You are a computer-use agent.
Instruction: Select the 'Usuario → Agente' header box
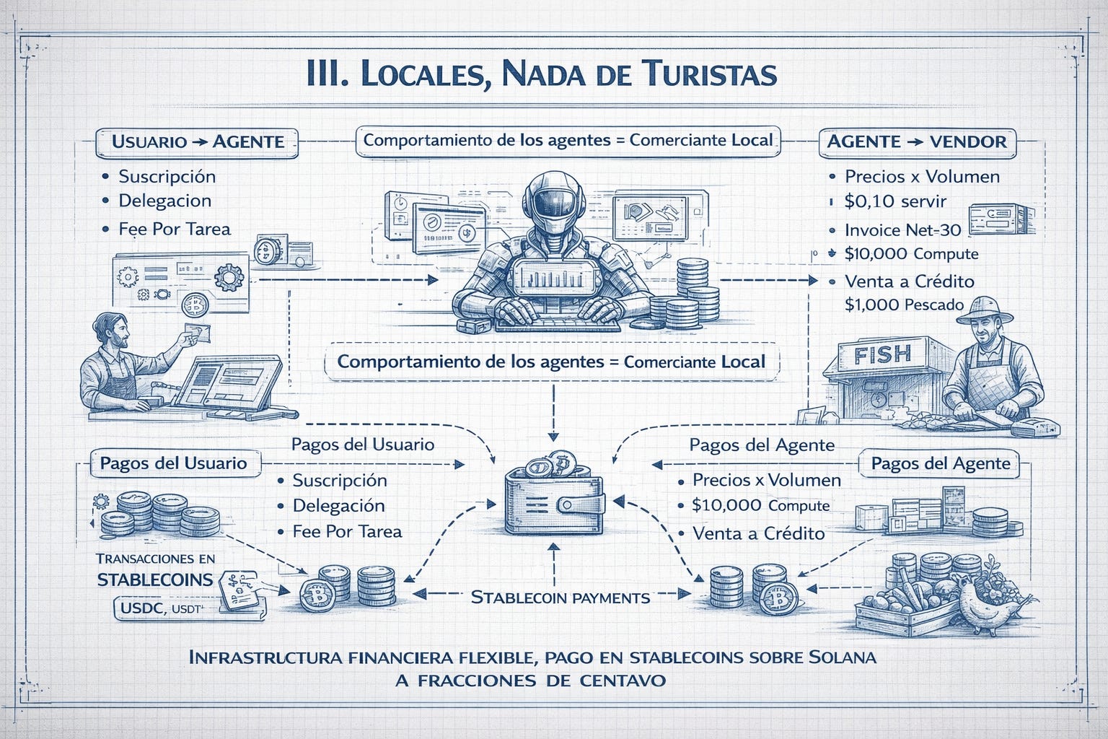click(x=198, y=141)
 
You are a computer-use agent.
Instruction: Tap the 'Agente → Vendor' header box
click(x=916, y=141)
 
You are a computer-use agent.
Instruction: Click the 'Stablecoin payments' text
click(x=560, y=598)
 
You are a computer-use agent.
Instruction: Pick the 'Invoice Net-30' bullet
click(x=902, y=230)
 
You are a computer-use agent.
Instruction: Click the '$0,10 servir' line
click(x=894, y=201)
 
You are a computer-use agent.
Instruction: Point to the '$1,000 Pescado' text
click(x=904, y=305)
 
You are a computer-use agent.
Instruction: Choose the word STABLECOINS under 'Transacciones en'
click(x=155, y=580)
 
